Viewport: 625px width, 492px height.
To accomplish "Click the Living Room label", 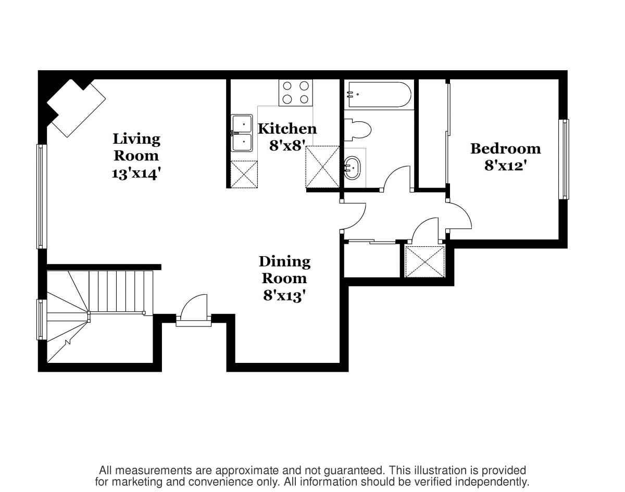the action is tap(136, 147).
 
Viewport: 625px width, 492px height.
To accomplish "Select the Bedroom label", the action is tap(506, 149).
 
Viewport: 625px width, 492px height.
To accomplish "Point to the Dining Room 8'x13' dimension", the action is tap(284, 296).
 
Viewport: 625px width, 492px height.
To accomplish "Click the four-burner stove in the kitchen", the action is tap(296, 93).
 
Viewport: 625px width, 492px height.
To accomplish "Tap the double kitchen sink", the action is tap(242, 133).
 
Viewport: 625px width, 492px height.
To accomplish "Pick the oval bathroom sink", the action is tap(352, 168).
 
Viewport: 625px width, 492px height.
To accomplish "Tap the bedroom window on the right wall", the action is tap(564, 159).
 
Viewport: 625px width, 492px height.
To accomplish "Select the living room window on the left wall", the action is tap(42, 197).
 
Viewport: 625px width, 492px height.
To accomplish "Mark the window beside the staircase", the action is tap(42, 320).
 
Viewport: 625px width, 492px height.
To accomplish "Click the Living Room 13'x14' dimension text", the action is tap(136, 174).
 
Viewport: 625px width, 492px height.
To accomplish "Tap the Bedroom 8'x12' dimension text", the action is tap(506, 166).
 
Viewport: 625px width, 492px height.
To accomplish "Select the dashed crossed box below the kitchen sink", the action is tap(244, 174).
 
